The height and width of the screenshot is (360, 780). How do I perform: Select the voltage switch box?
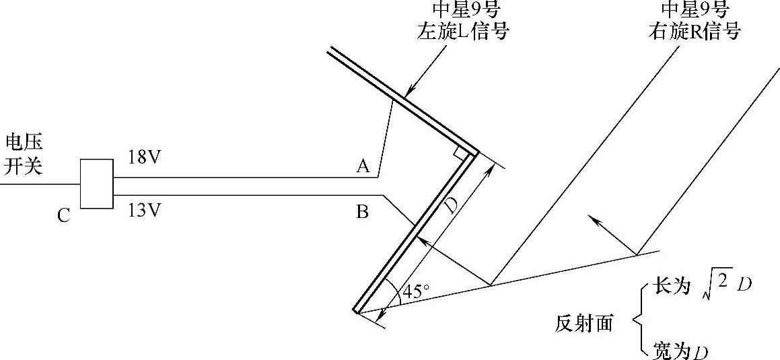click(x=97, y=184)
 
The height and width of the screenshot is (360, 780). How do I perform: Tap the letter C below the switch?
click(x=64, y=217)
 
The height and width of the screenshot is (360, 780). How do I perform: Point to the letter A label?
click(x=363, y=166)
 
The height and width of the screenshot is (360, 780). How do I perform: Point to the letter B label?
click(x=361, y=213)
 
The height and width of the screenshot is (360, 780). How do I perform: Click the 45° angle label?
click(x=415, y=291)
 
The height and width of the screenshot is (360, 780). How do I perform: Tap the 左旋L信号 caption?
click(x=461, y=31)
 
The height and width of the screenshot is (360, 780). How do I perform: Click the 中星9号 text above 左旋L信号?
click(x=461, y=9)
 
